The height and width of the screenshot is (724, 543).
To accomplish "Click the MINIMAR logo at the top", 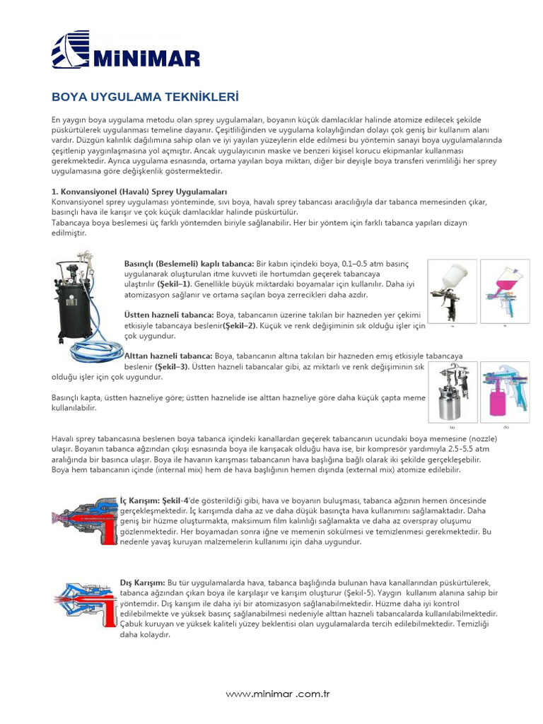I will point(126,50).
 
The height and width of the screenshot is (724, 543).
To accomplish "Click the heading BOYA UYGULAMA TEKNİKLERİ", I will point(145,97).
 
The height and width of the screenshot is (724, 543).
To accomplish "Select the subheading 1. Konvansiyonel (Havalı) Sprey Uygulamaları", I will point(139,192).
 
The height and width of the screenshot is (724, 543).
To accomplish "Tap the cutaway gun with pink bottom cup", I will point(505,393).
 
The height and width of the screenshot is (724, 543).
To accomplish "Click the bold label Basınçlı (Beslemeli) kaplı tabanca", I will point(189,264).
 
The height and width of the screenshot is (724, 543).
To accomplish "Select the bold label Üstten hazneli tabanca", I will point(168,314).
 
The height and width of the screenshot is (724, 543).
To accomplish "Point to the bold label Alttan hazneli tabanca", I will point(168,357).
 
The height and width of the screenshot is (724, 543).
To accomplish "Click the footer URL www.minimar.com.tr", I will point(278,694).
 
